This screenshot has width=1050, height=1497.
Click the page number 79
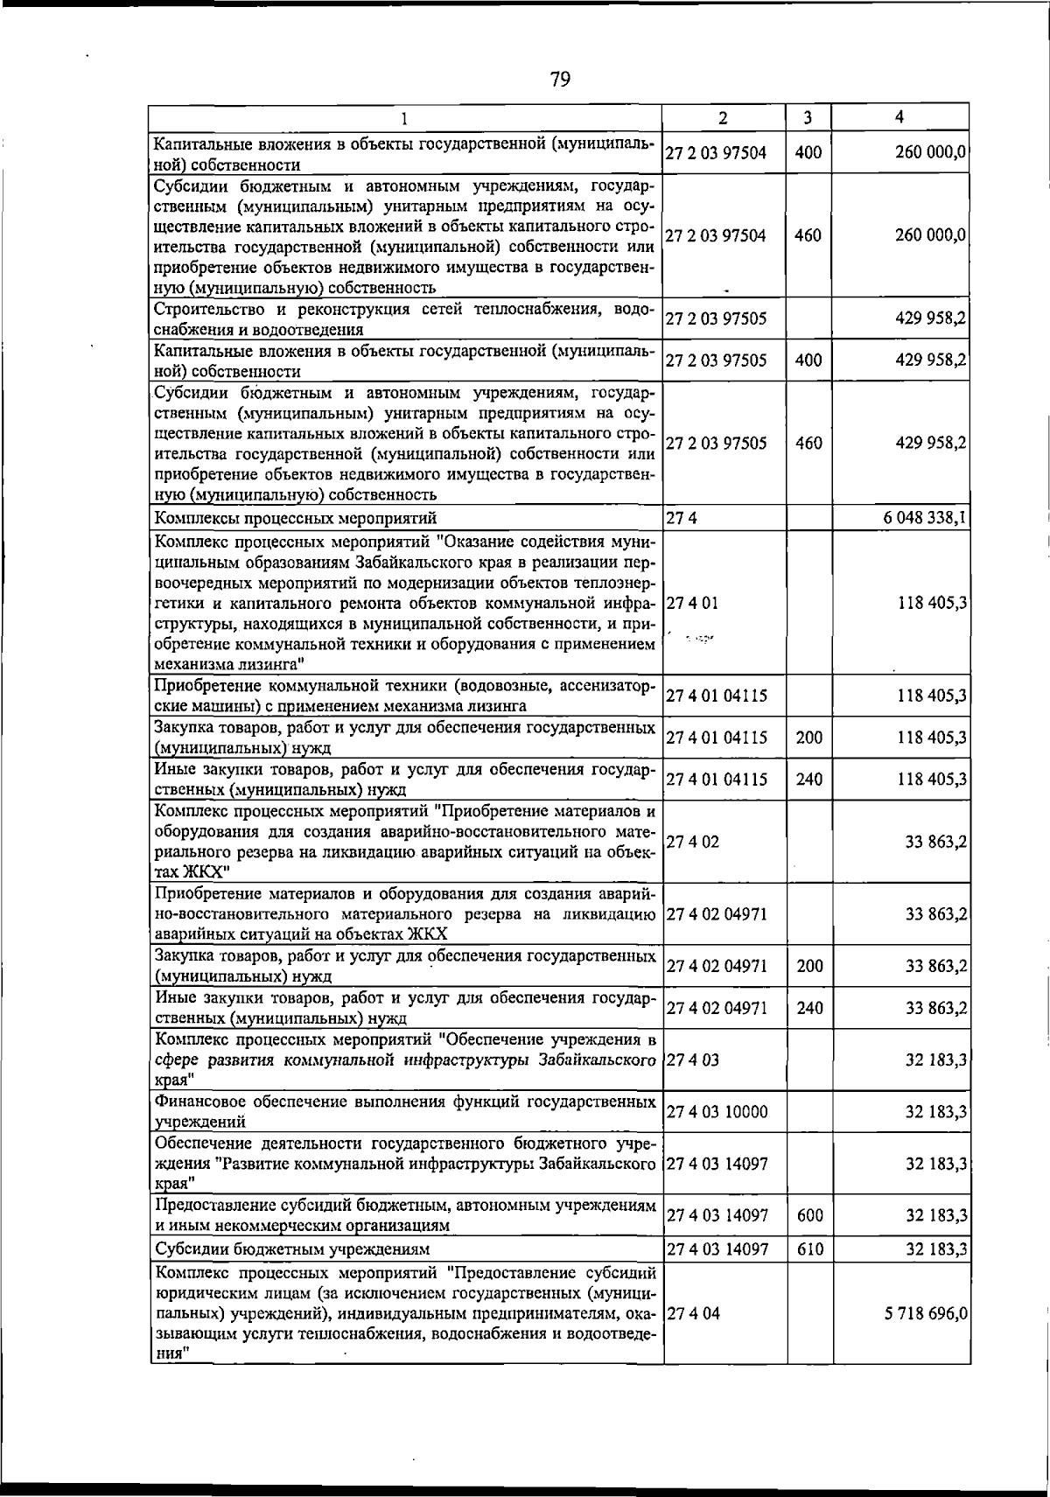click(x=560, y=80)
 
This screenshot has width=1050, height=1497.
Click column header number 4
click(x=900, y=117)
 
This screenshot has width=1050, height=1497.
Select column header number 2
click(x=724, y=117)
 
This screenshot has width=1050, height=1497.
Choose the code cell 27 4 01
click(x=693, y=603)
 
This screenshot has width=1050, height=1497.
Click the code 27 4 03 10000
click(x=717, y=1112)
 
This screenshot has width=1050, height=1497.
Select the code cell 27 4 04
click(x=693, y=1313)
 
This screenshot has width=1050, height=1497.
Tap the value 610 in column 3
click(x=810, y=1249)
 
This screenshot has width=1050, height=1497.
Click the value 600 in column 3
click(x=810, y=1215)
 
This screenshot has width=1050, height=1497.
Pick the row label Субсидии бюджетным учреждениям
click(x=291, y=1249)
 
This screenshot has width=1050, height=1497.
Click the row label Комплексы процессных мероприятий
click(x=295, y=519)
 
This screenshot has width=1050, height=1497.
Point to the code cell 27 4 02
click(x=693, y=843)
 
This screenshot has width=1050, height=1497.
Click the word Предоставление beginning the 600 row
click(x=210, y=1206)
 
